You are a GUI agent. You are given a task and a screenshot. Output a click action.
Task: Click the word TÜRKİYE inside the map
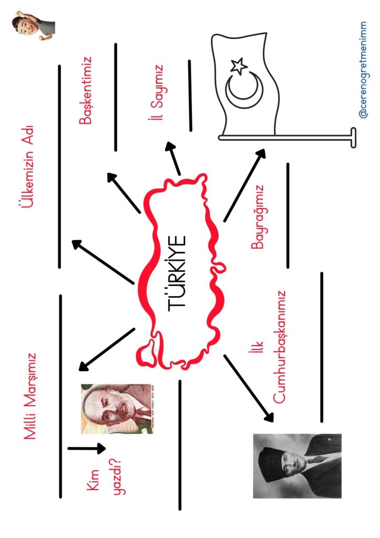178,273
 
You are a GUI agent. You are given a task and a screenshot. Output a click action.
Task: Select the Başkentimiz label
86,91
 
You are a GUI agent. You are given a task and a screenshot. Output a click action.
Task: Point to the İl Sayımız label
156,92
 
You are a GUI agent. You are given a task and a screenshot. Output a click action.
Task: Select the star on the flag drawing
239,66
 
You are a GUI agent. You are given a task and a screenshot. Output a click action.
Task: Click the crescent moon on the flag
243,88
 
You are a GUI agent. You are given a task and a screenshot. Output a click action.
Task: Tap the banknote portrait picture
120,408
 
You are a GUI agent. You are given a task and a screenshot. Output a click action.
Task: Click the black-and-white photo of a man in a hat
297,465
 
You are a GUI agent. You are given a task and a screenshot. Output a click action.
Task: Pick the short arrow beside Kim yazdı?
87,449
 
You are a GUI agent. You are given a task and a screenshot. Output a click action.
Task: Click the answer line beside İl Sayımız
190,95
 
